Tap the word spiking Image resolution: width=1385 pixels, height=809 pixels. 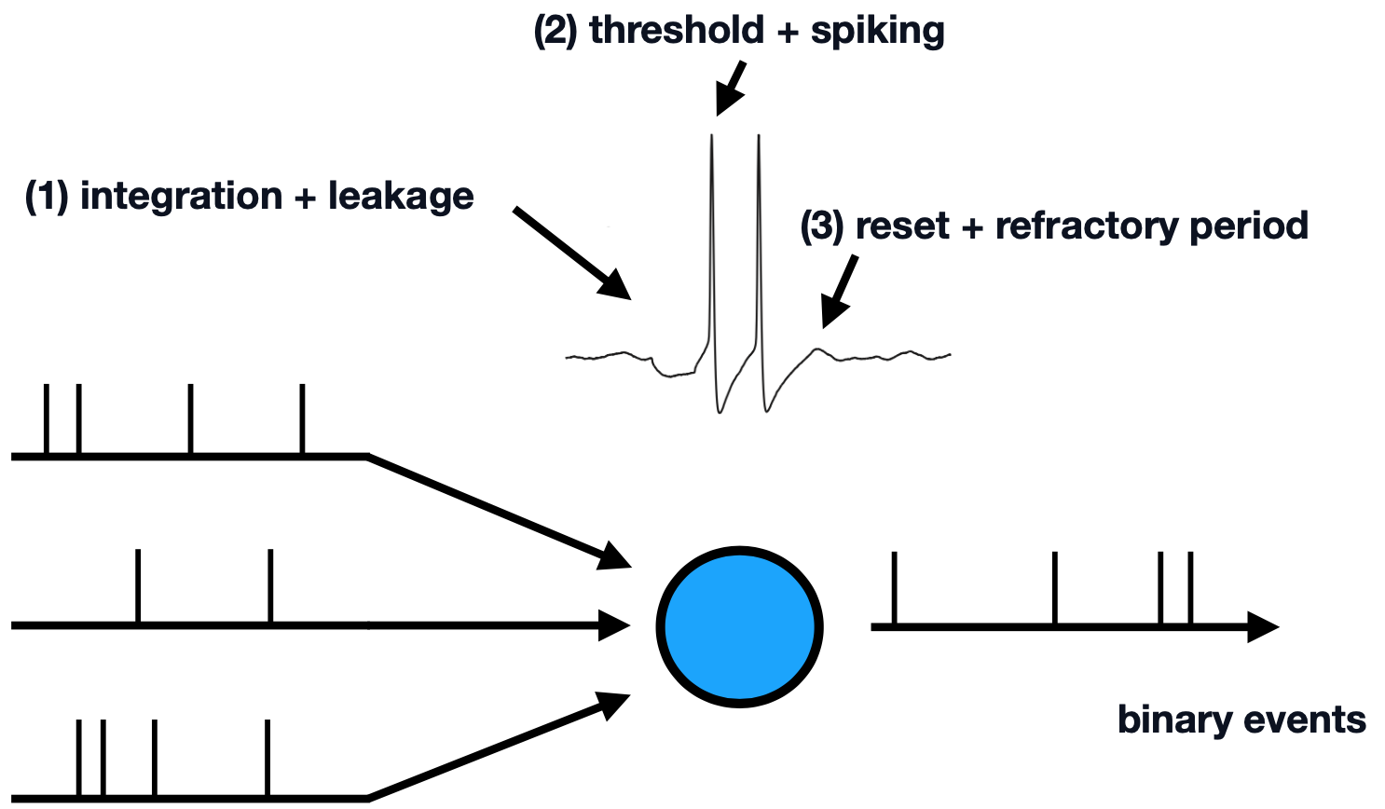(877, 31)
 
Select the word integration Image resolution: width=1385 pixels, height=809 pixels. (181, 197)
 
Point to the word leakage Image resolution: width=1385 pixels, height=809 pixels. (401, 197)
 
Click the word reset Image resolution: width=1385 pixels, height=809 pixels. (902, 226)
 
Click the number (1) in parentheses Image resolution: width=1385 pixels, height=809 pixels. (46, 197)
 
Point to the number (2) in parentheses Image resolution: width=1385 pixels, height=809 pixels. (555, 31)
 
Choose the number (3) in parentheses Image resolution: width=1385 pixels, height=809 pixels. (821, 226)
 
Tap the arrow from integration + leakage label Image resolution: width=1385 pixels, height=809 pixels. (573, 254)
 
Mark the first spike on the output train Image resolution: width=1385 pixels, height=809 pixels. (895, 589)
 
